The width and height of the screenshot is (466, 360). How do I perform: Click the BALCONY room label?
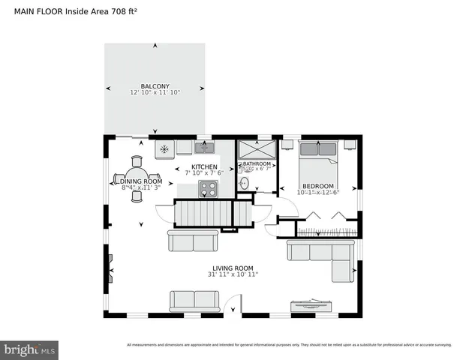click(x=154, y=85)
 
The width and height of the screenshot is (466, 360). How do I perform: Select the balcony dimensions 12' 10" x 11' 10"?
click(x=154, y=93)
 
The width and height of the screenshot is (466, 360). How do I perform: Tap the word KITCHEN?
click(x=204, y=166)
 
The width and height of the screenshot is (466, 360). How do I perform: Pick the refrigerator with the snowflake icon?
click(x=164, y=148)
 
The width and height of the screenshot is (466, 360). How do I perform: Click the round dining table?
click(x=136, y=178)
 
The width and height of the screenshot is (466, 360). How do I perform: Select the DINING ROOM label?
click(x=142, y=181)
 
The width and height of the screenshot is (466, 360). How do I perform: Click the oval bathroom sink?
click(x=244, y=183)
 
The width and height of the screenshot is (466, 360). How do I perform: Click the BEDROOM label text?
click(x=318, y=185)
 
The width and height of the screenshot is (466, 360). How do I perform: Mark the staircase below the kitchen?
click(x=204, y=214)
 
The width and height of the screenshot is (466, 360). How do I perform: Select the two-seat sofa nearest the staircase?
click(x=193, y=240)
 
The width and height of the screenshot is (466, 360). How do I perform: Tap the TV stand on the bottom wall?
click(x=311, y=306)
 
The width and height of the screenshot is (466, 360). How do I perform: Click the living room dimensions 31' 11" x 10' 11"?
click(x=232, y=275)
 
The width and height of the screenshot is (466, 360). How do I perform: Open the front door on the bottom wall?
click(x=233, y=307)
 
